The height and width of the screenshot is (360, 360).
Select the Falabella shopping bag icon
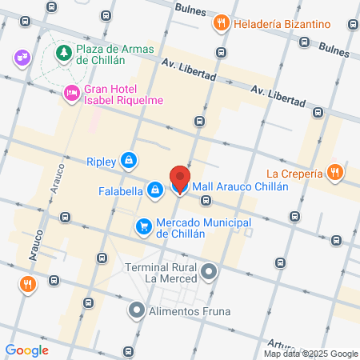[154, 190]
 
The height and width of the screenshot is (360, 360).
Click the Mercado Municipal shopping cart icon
[144, 227]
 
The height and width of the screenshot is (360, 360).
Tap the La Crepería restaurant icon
[336, 171]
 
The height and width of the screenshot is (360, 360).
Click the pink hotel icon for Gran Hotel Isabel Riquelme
[71, 94]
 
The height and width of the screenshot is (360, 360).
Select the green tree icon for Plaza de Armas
[62, 54]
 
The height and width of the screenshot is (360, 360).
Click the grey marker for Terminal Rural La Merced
[209, 273]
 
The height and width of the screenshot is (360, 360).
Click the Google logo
[26, 350]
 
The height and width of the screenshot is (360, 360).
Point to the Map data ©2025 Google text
[311, 354]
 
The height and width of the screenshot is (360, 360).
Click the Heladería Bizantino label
[282, 24]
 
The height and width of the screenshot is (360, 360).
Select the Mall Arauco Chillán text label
[239, 186]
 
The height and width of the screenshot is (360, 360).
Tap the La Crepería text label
[294, 172]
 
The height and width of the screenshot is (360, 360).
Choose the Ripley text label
[101, 160]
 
